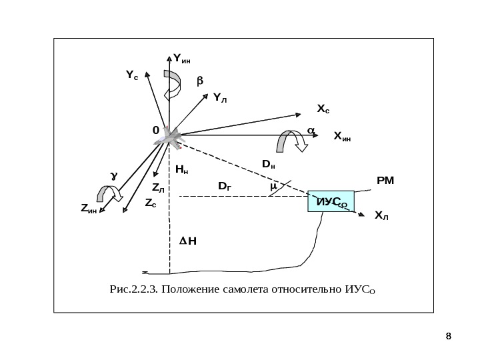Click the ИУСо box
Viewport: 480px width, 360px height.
(x=331, y=201)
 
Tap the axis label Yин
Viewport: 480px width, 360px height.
(x=181, y=59)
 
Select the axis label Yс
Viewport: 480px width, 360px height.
(x=132, y=76)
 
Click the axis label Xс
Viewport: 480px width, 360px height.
(x=323, y=108)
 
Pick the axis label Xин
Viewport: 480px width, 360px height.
(x=342, y=138)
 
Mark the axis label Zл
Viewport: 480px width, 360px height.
(x=158, y=189)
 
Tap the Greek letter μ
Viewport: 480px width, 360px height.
(x=273, y=187)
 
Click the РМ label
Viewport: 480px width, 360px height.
(x=385, y=180)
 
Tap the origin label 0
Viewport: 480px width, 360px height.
(x=156, y=131)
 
